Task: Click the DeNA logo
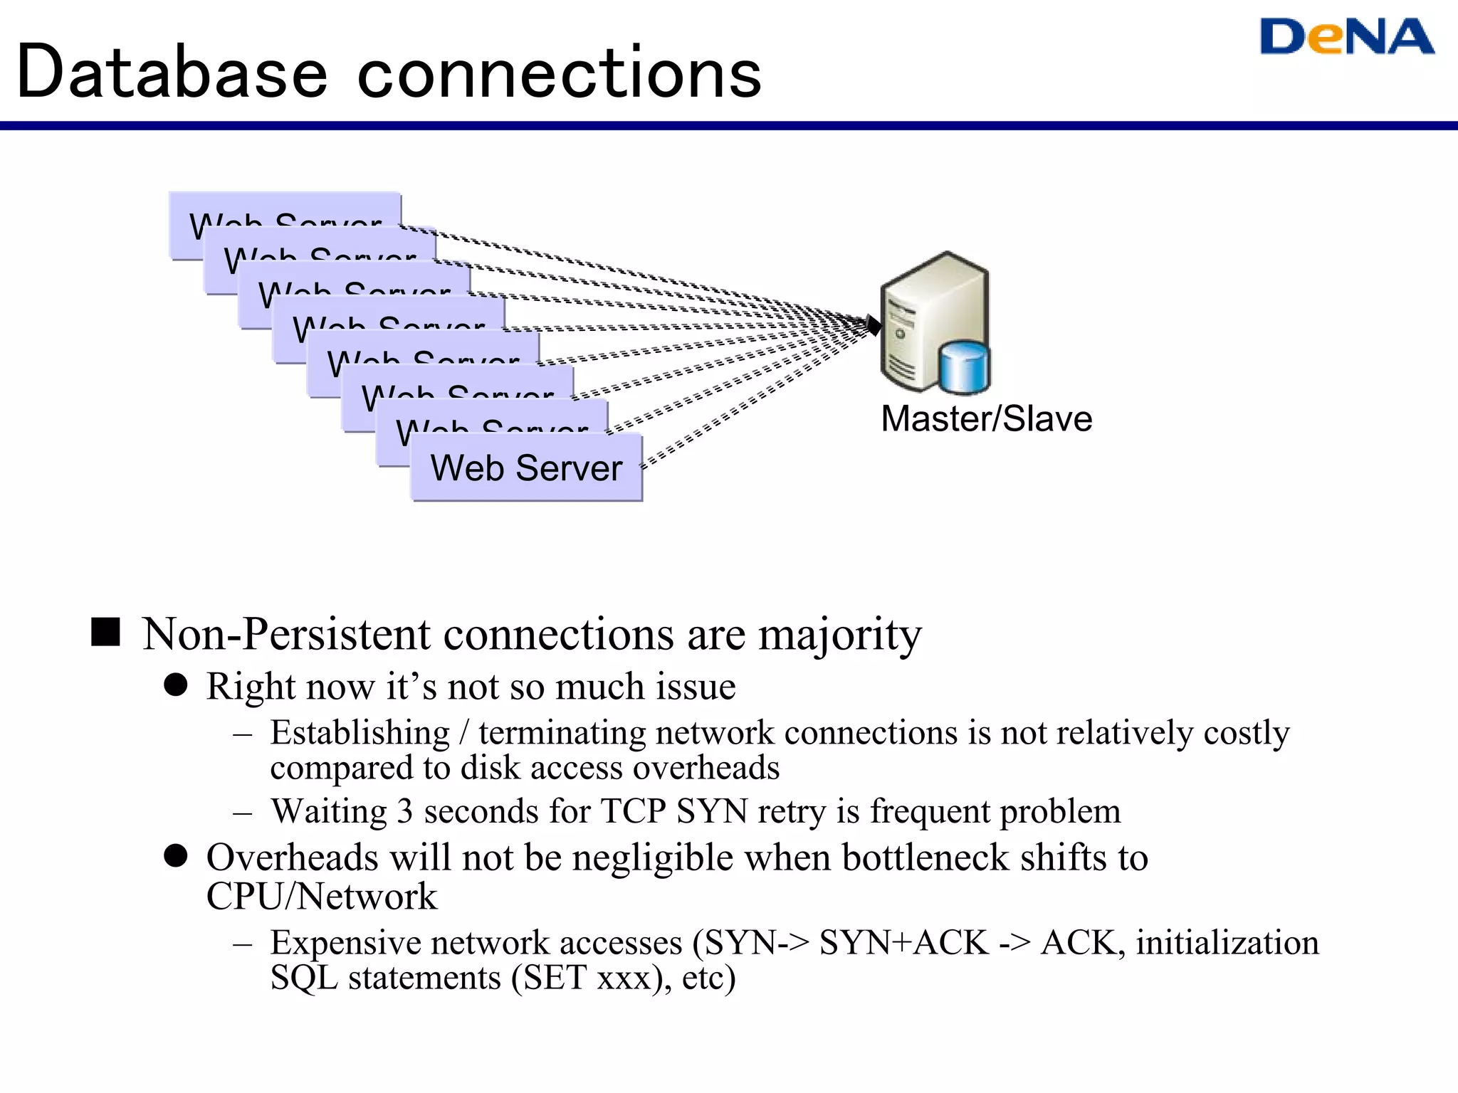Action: click(1346, 37)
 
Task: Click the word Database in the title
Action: click(172, 73)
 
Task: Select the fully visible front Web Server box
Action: click(526, 468)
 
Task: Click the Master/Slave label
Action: click(986, 418)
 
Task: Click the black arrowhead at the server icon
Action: click(874, 325)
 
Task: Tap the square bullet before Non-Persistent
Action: click(106, 632)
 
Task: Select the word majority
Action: click(840, 635)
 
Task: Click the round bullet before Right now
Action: click(175, 685)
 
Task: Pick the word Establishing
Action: click(360, 732)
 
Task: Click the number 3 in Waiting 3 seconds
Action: click(404, 811)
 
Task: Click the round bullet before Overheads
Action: click(175, 856)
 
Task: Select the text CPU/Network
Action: click(321, 896)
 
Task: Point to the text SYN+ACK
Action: click(903, 943)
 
